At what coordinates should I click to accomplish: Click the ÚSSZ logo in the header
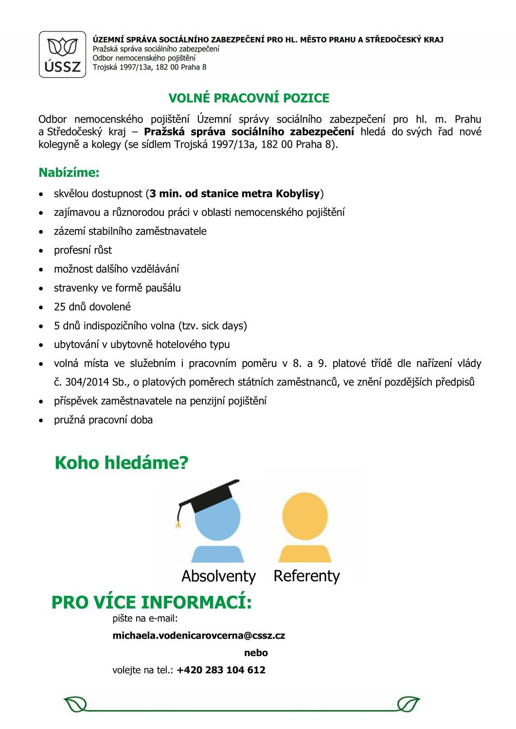point(62,54)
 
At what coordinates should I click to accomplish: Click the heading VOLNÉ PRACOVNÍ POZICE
point(249,98)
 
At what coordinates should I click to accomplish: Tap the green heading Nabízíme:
point(69,173)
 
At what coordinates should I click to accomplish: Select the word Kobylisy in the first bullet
point(298,194)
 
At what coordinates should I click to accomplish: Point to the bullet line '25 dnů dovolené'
point(92,307)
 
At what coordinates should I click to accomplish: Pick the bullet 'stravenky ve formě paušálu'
point(117,288)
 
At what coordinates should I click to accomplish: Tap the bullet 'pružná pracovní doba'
point(103,420)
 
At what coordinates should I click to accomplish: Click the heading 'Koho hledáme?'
point(121,463)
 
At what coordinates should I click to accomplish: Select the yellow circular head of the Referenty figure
point(305,516)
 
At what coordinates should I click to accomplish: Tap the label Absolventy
point(218,576)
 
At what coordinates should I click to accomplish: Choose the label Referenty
point(306,576)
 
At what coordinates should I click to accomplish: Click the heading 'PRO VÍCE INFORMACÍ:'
point(152,603)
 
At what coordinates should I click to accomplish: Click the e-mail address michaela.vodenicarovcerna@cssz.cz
point(198,636)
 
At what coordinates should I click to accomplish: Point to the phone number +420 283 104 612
point(221,670)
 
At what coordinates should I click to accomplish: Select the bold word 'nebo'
point(256,653)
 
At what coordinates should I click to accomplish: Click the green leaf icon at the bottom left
point(74,703)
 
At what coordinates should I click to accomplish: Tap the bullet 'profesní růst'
point(83,250)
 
